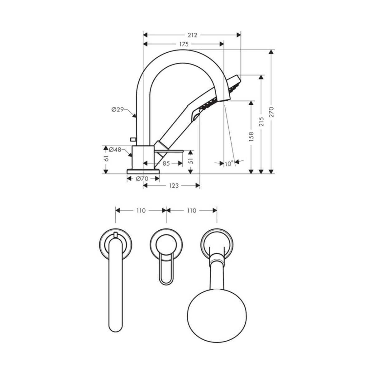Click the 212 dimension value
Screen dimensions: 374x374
[192, 35]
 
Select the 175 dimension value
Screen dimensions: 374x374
[184, 45]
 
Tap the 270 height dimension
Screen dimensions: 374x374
[271, 112]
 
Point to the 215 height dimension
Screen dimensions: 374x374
[261, 122]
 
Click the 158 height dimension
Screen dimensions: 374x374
[251, 137]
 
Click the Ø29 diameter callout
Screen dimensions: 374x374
[117, 110]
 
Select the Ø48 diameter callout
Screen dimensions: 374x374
[115, 150]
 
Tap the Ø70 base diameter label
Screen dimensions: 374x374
[142, 179]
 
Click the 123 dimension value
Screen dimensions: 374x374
[174, 186]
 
